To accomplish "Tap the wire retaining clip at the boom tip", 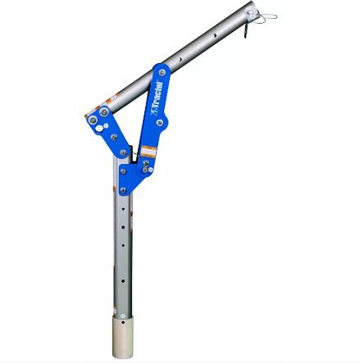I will point(267,16).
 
